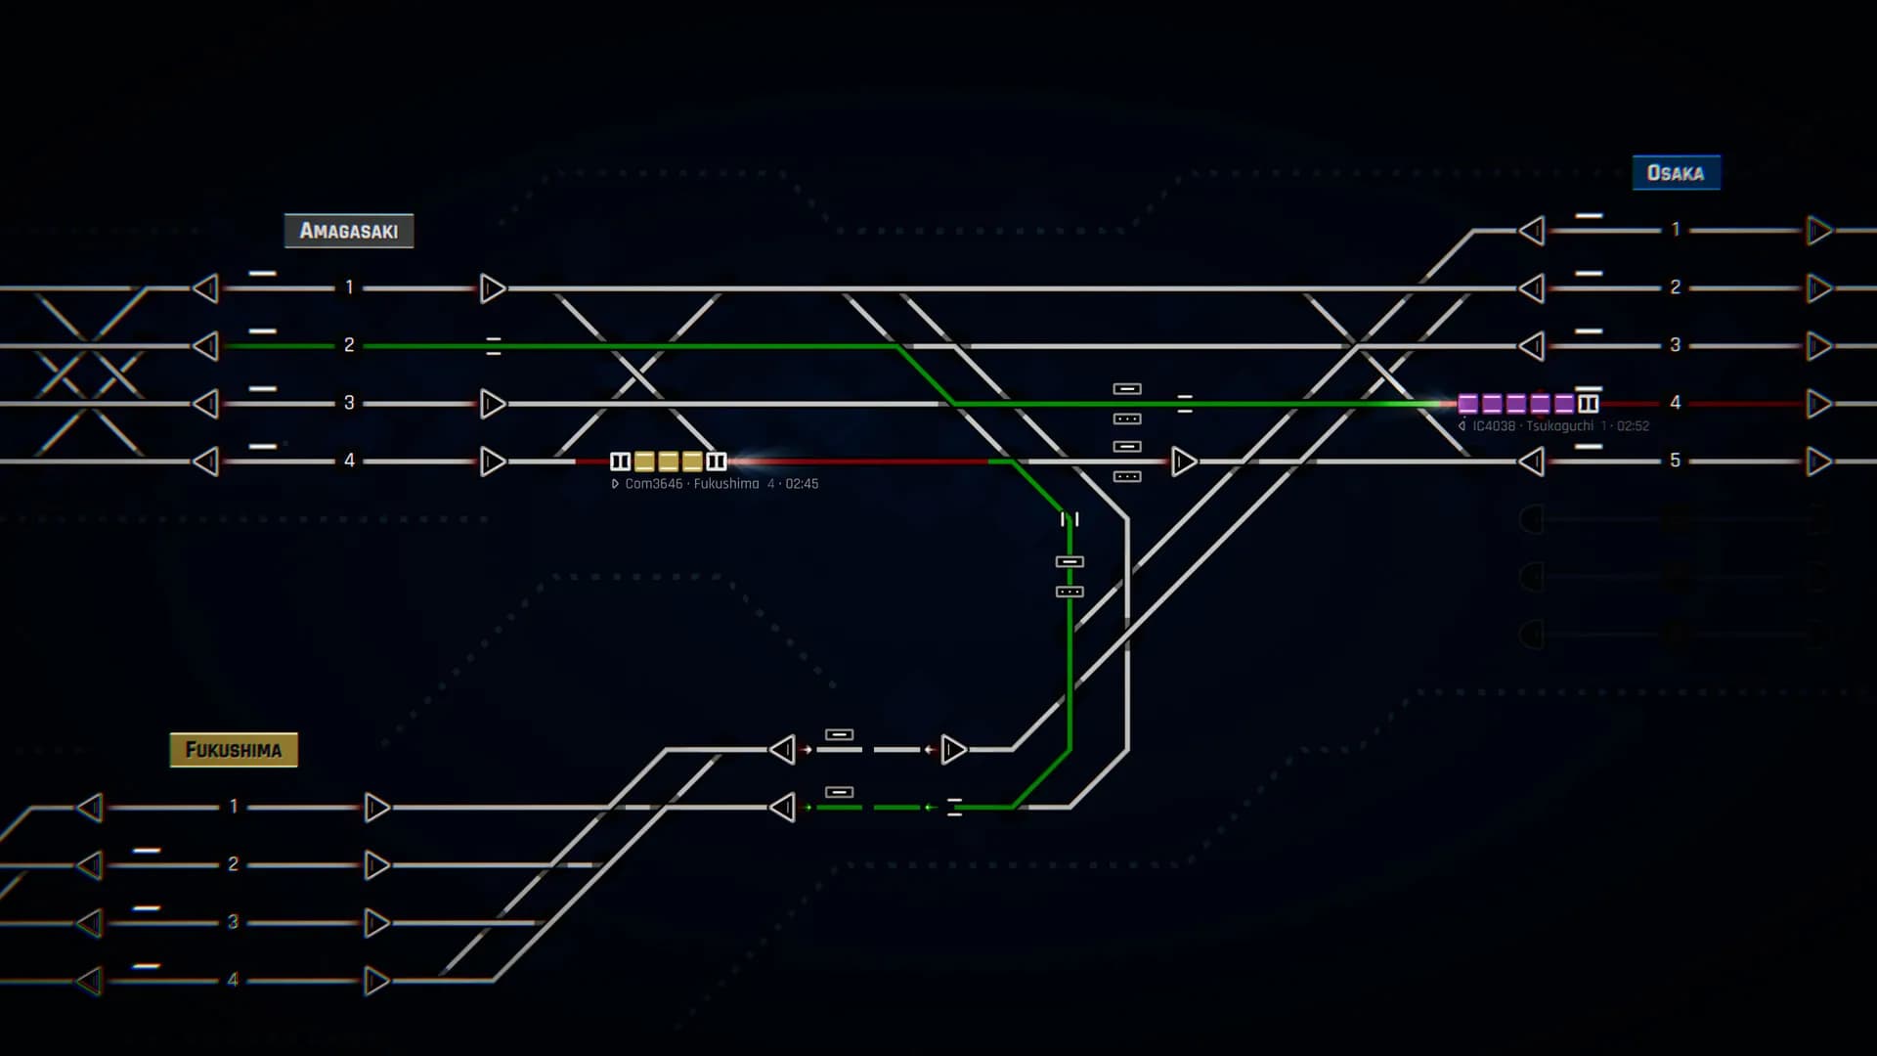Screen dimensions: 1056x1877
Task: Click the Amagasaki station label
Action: coord(349,231)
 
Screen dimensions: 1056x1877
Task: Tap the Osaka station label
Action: coord(1676,173)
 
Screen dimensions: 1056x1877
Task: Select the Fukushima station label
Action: coord(234,750)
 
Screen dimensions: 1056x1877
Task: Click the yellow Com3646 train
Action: coord(669,462)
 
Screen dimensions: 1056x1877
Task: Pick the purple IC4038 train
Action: coord(1527,404)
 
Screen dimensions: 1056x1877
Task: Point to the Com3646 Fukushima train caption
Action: coord(715,484)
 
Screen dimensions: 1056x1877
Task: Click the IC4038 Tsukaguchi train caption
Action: coord(1553,426)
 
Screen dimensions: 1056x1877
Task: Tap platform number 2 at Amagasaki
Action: coord(349,345)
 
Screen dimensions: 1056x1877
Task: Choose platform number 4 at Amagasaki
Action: coord(349,461)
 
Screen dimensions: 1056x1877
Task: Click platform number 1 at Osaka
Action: coord(1676,230)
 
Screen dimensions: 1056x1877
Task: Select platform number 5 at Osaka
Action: coord(1676,461)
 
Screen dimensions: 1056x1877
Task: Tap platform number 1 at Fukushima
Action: coord(234,807)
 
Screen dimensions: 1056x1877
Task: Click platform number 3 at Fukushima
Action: coord(234,922)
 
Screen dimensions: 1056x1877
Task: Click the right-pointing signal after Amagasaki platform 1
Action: coord(493,288)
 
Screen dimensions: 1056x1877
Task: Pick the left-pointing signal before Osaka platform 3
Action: coord(1532,346)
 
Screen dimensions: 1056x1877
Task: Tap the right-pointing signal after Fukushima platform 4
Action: coord(377,981)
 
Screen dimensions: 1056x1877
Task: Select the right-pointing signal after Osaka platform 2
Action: coord(1819,288)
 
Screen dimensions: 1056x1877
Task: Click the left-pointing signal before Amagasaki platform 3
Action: coord(205,404)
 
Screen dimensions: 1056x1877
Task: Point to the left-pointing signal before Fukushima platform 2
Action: coord(90,865)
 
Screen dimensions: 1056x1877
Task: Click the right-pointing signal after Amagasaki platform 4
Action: coord(493,462)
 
